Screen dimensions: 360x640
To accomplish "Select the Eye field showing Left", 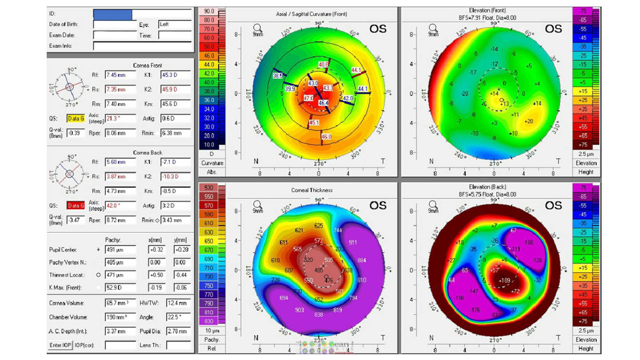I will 175,25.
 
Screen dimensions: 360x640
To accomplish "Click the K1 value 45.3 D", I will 176,75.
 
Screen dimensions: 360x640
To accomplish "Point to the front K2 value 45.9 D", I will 176,89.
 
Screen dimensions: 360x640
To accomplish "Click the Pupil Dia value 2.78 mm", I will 178,331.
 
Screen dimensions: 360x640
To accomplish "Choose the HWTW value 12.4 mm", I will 178,303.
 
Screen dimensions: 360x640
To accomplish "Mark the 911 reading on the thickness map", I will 353,243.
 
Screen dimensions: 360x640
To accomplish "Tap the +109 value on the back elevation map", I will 504,280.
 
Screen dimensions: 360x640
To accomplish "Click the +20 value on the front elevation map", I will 528,121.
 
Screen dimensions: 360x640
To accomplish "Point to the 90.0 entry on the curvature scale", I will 209,11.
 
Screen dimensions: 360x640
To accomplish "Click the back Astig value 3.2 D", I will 176,206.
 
